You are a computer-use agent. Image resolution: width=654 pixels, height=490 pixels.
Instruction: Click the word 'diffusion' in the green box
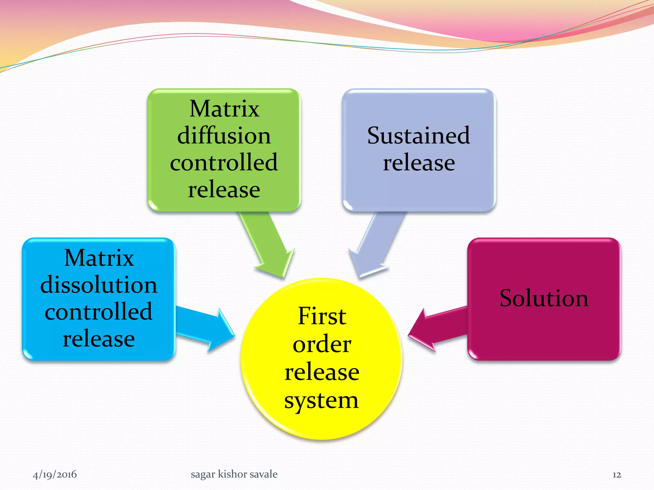tap(224, 136)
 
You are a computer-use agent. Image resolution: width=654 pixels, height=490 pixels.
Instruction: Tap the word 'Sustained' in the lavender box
tap(418, 136)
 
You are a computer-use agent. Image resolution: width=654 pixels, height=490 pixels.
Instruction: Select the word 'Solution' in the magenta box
tap(544, 299)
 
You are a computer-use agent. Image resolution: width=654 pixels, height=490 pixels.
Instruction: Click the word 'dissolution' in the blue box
tap(99, 285)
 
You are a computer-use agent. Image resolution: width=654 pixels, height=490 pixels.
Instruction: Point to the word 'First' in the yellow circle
tap(322, 316)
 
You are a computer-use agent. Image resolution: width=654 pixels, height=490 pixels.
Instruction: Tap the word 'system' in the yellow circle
tap(322, 401)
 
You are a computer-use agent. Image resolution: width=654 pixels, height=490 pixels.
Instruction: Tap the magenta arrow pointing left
tap(437, 329)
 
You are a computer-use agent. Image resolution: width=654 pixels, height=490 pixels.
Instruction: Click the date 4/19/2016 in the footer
tap(55, 475)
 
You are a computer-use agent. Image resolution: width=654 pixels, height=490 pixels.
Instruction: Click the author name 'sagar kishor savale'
tap(234, 474)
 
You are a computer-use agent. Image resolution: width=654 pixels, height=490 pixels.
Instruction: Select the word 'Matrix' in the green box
tap(224, 109)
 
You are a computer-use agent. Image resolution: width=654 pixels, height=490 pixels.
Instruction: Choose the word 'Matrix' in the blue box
tap(99, 258)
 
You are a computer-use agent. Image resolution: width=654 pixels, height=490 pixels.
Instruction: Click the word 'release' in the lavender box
tap(419, 163)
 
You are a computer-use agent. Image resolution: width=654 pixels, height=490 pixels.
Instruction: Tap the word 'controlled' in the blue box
tap(99, 312)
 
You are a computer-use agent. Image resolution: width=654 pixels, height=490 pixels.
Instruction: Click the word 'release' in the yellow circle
tap(322, 372)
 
